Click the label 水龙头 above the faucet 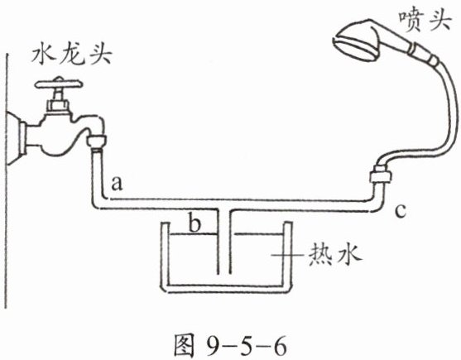[71, 55]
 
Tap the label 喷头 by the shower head [425, 22]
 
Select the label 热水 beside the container [334, 255]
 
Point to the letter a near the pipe [117, 184]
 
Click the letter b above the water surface [194, 223]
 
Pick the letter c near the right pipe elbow [401, 210]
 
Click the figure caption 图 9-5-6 [229, 345]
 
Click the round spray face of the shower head [355, 48]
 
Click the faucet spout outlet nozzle [97, 142]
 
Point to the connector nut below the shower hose [381, 175]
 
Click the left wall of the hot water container [165, 256]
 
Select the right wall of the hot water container [287, 256]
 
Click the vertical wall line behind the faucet [7, 180]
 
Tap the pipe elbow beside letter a [99, 202]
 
